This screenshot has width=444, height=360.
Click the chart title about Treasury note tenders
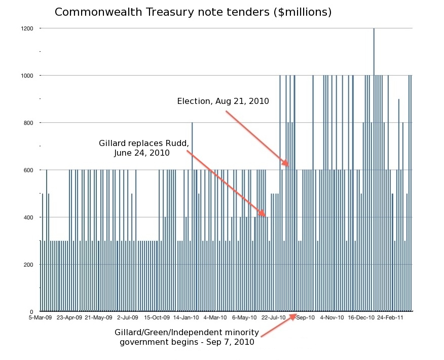click(193, 12)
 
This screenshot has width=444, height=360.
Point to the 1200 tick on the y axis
click(27, 28)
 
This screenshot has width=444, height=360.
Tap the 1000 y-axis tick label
click(27, 76)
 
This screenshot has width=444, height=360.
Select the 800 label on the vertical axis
click(29, 123)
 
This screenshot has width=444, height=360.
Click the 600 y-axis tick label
click(29, 170)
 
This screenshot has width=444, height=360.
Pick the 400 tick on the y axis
click(29, 217)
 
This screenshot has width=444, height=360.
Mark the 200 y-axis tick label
click(29, 264)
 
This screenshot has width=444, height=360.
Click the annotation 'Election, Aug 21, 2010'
click(223, 101)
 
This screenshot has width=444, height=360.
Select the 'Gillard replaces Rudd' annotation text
click(147, 148)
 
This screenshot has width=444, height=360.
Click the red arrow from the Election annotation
click(256, 138)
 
